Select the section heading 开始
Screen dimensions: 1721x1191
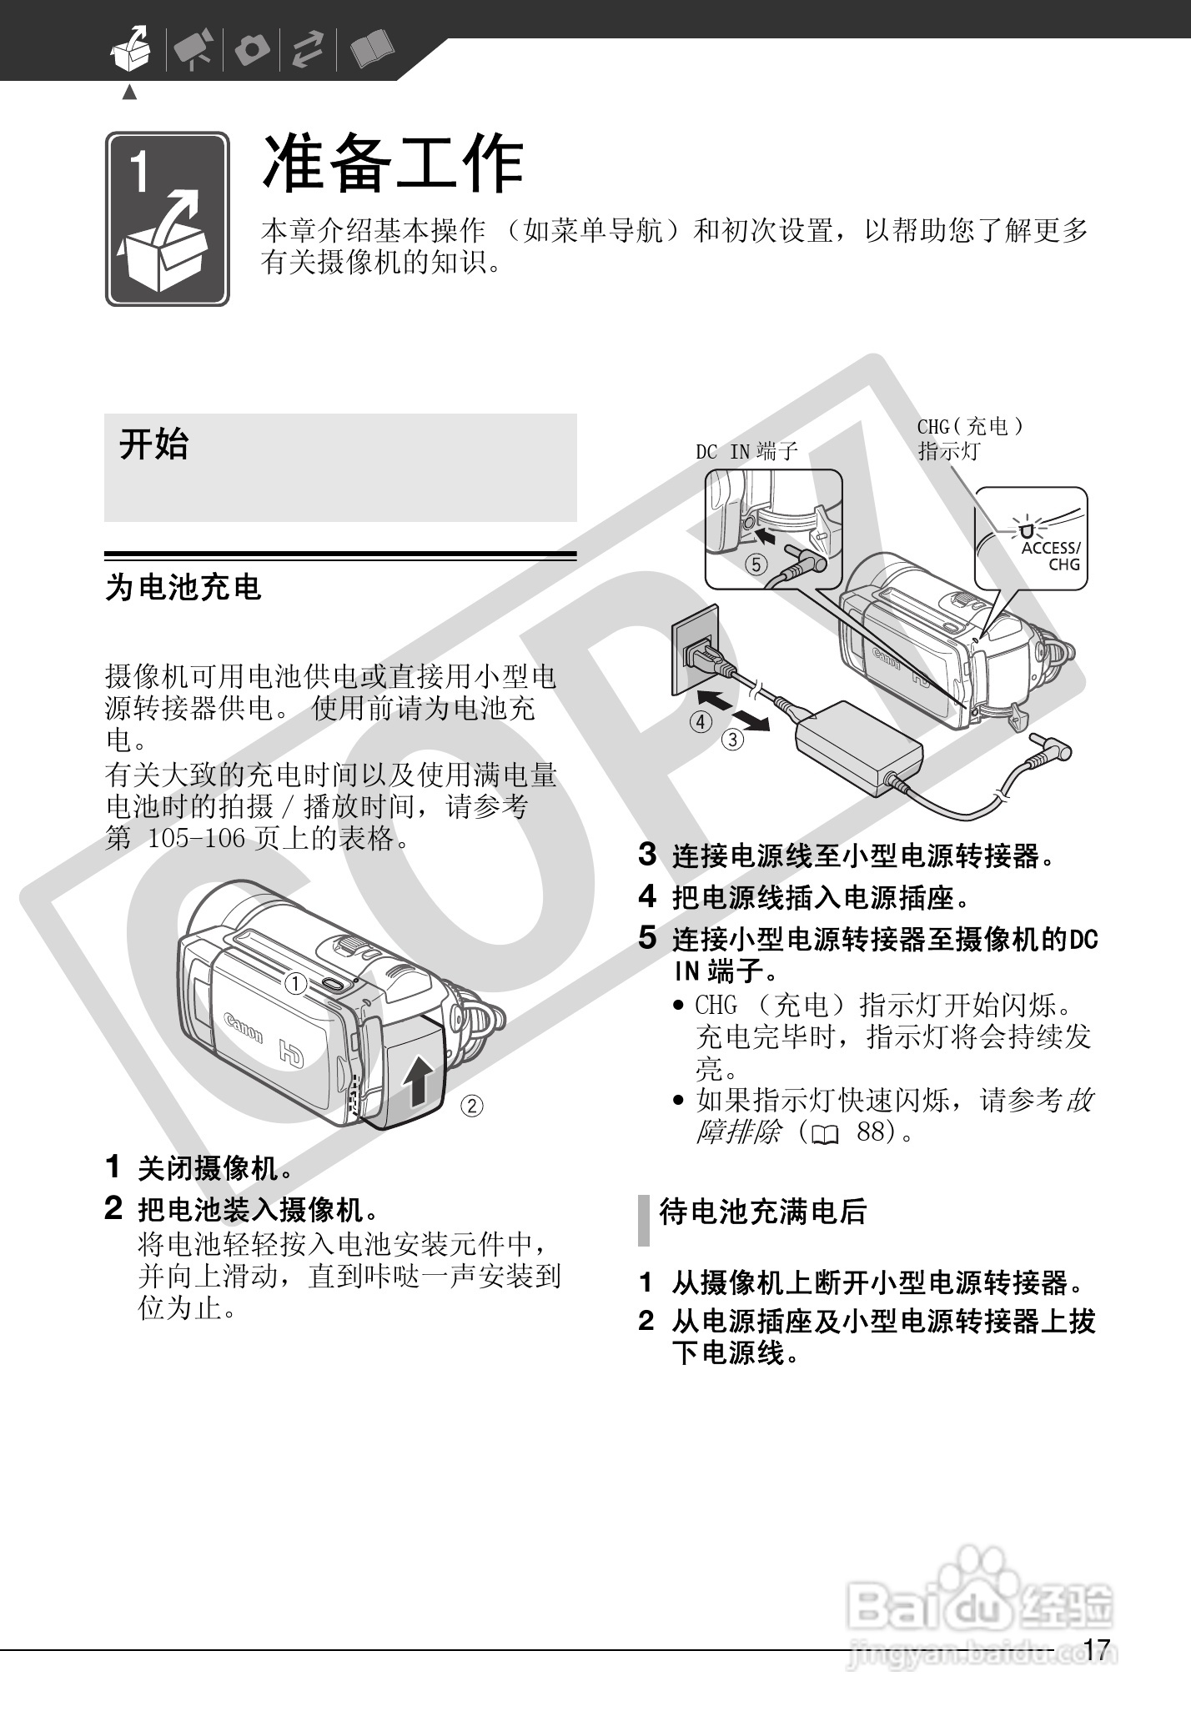coord(154,444)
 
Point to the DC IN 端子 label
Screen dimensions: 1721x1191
coord(747,452)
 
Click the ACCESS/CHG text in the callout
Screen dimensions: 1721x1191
coord(1051,556)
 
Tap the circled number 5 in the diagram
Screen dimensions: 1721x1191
coord(756,564)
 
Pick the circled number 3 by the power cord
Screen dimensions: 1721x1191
coord(733,739)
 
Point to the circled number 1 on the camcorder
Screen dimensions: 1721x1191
coord(295,985)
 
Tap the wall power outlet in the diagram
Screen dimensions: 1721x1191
coord(695,649)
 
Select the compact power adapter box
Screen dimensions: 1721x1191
coord(859,747)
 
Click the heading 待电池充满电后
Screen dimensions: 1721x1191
coord(763,1212)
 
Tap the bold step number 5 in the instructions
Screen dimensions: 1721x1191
coord(648,938)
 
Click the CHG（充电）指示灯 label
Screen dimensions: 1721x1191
coord(970,439)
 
